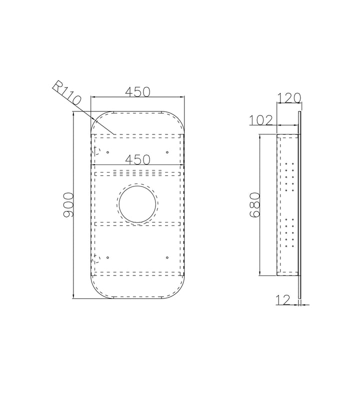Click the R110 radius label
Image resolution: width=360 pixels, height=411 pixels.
(x=66, y=93)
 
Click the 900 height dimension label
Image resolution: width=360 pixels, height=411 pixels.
(x=68, y=204)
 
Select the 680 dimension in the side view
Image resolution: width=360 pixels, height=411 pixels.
(x=254, y=204)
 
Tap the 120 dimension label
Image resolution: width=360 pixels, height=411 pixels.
(x=289, y=98)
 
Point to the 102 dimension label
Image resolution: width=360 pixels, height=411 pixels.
(x=261, y=120)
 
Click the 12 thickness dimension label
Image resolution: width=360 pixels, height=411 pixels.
(x=283, y=299)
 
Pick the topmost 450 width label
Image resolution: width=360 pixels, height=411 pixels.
(x=137, y=91)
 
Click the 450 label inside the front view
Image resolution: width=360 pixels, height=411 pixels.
(x=137, y=159)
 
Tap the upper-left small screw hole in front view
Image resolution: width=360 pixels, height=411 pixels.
(x=107, y=152)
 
